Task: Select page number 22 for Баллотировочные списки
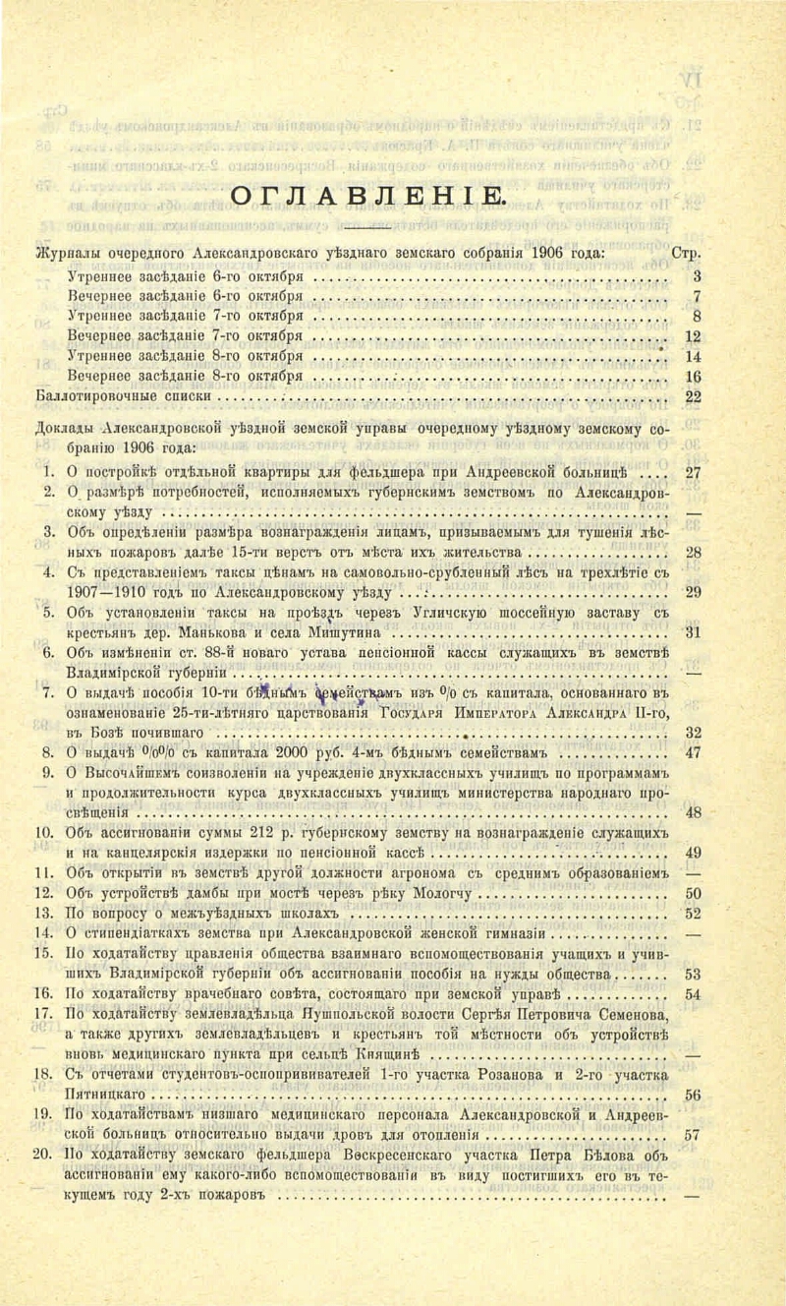point(692,396)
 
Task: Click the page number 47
point(692,755)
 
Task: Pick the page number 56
point(692,1095)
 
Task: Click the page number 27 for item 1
point(692,471)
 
